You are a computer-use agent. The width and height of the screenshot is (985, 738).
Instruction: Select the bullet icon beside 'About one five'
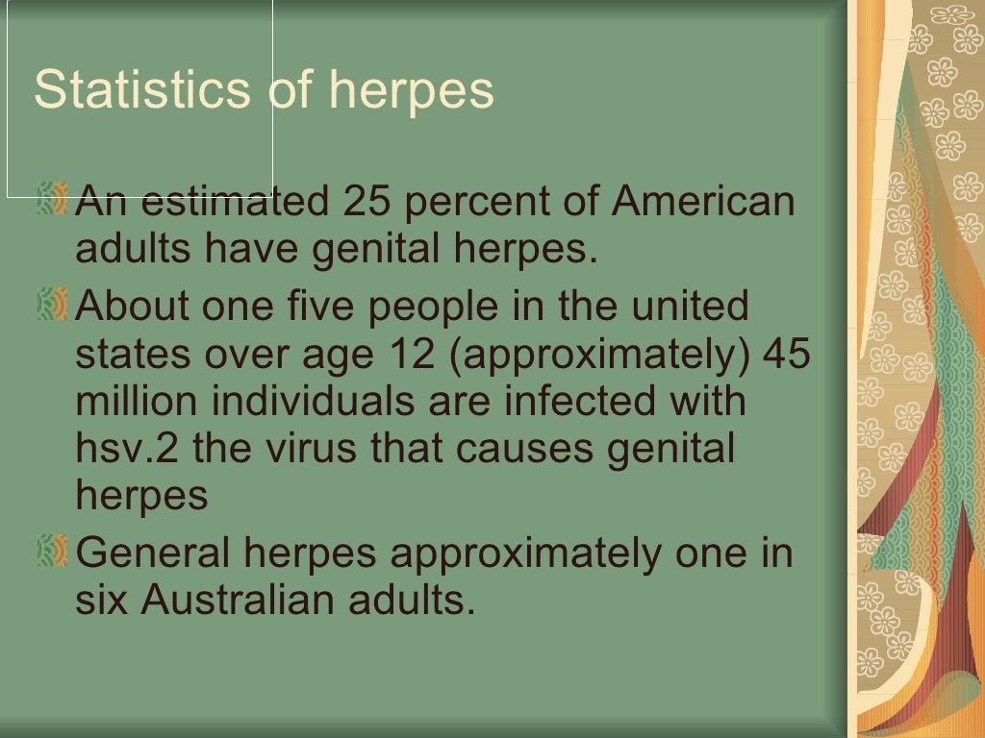(x=52, y=305)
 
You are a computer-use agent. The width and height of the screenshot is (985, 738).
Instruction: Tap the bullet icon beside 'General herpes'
(x=52, y=551)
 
